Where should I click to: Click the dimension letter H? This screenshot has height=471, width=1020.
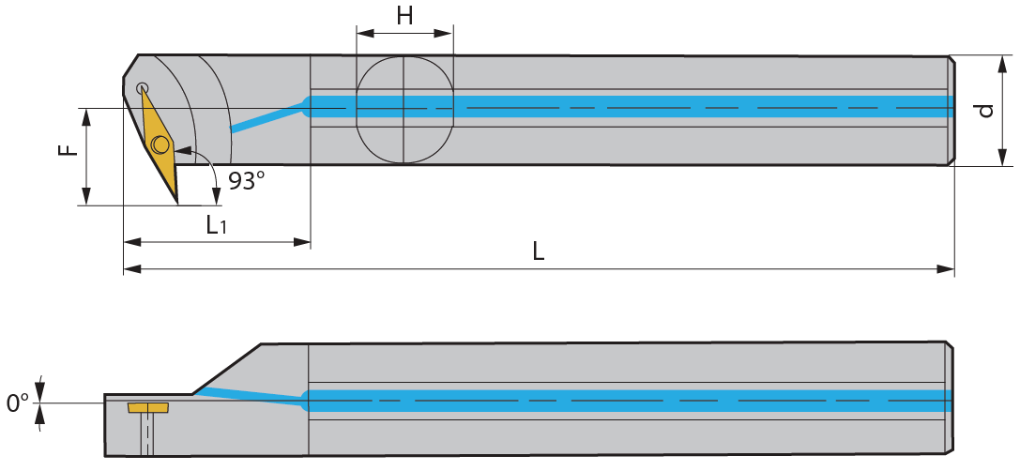pyautogui.click(x=404, y=16)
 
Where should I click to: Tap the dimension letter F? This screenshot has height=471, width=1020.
pyautogui.click(x=69, y=150)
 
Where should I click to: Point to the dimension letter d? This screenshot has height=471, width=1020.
pyautogui.click(x=987, y=111)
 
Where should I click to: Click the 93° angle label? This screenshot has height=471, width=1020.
pyautogui.click(x=247, y=181)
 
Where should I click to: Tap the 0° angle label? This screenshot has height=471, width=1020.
pyautogui.click(x=19, y=403)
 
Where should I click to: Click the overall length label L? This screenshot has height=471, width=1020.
pyautogui.click(x=539, y=251)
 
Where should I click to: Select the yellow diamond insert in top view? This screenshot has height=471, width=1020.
pyautogui.click(x=159, y=144)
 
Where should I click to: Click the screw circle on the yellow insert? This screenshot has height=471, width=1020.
pyautogui.click(x=160, y=144)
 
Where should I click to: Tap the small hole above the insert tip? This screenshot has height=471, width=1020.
pyautogui.click(x=142, y=88)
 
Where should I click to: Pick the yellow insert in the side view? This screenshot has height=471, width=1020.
pyautogui.click(x=149, y=407)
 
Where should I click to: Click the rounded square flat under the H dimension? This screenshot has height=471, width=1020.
pyautogui.click(x=404, y=109)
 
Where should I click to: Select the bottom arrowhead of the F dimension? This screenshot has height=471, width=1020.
pyautogui.click(x=86, y=196)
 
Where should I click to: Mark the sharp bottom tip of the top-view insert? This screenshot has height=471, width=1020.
pyautogui.click(x=176, y=202)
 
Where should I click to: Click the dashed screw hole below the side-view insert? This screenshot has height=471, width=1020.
pyautogui.click(x=149, y=433)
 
